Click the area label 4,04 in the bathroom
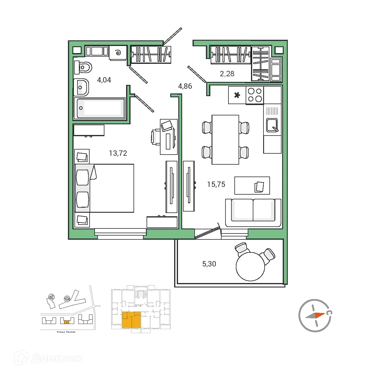(x=104, y=80)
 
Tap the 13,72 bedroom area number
(x=118, y=153)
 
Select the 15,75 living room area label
(x=216, y=185)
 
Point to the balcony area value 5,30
(x=209, y=264)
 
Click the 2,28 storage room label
(x=227, y=74)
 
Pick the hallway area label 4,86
(x=185, y=86)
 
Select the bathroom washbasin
(x=81, y=88)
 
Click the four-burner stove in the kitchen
(x=255, y=95)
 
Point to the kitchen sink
(x=272, y=125)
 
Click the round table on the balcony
(x=250, y=266)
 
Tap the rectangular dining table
(x=225, y=140)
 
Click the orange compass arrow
(x=319, y=315)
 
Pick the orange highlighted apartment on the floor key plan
(x=131, y=320)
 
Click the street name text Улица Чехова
(x=66, y=332)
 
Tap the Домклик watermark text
(x=56, y=358)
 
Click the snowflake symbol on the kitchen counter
(x=237, y=95)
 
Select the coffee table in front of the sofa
(x=252, y=185)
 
